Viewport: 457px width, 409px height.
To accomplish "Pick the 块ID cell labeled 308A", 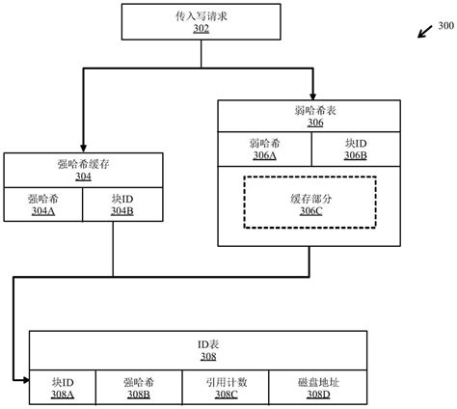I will pyautogui.click(x=64, y=388).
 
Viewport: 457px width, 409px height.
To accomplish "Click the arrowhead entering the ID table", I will pyautogui.click(x=23, y=382).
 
